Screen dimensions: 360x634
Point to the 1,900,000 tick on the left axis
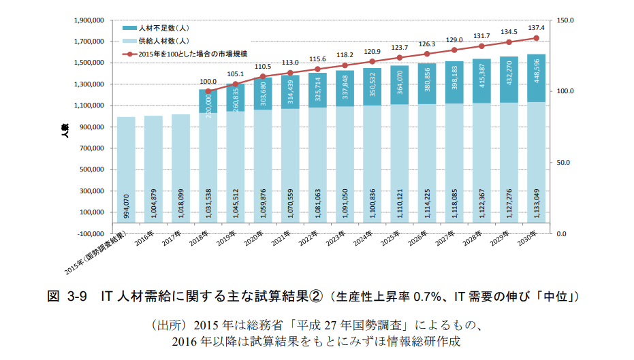[88, 20]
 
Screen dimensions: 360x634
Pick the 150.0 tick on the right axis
[567, 20]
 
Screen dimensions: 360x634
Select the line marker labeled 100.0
[208, 91]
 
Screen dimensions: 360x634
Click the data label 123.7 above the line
[399, 48]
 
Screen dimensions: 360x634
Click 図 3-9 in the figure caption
[69, 297]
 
